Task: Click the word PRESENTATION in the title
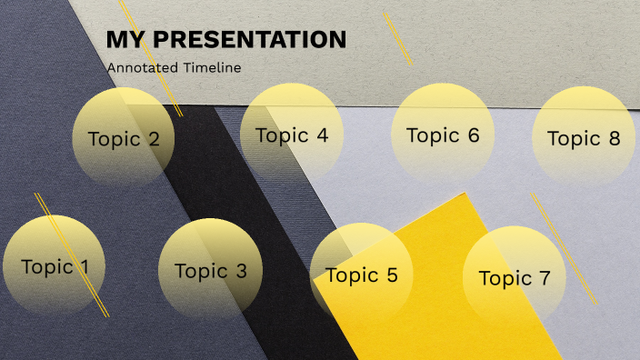(251, 40)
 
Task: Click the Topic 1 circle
(55, 266)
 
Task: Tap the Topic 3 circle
(210, 270)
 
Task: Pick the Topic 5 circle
(361, 275)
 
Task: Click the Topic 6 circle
(443, 135)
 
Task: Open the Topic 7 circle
(515, 277)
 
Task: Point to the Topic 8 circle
(584, 137)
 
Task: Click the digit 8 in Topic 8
(615, 138)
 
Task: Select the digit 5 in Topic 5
(392, 275)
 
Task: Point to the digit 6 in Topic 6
(473, 135)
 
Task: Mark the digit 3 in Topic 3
(240, 271)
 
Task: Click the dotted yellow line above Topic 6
(398, 38)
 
